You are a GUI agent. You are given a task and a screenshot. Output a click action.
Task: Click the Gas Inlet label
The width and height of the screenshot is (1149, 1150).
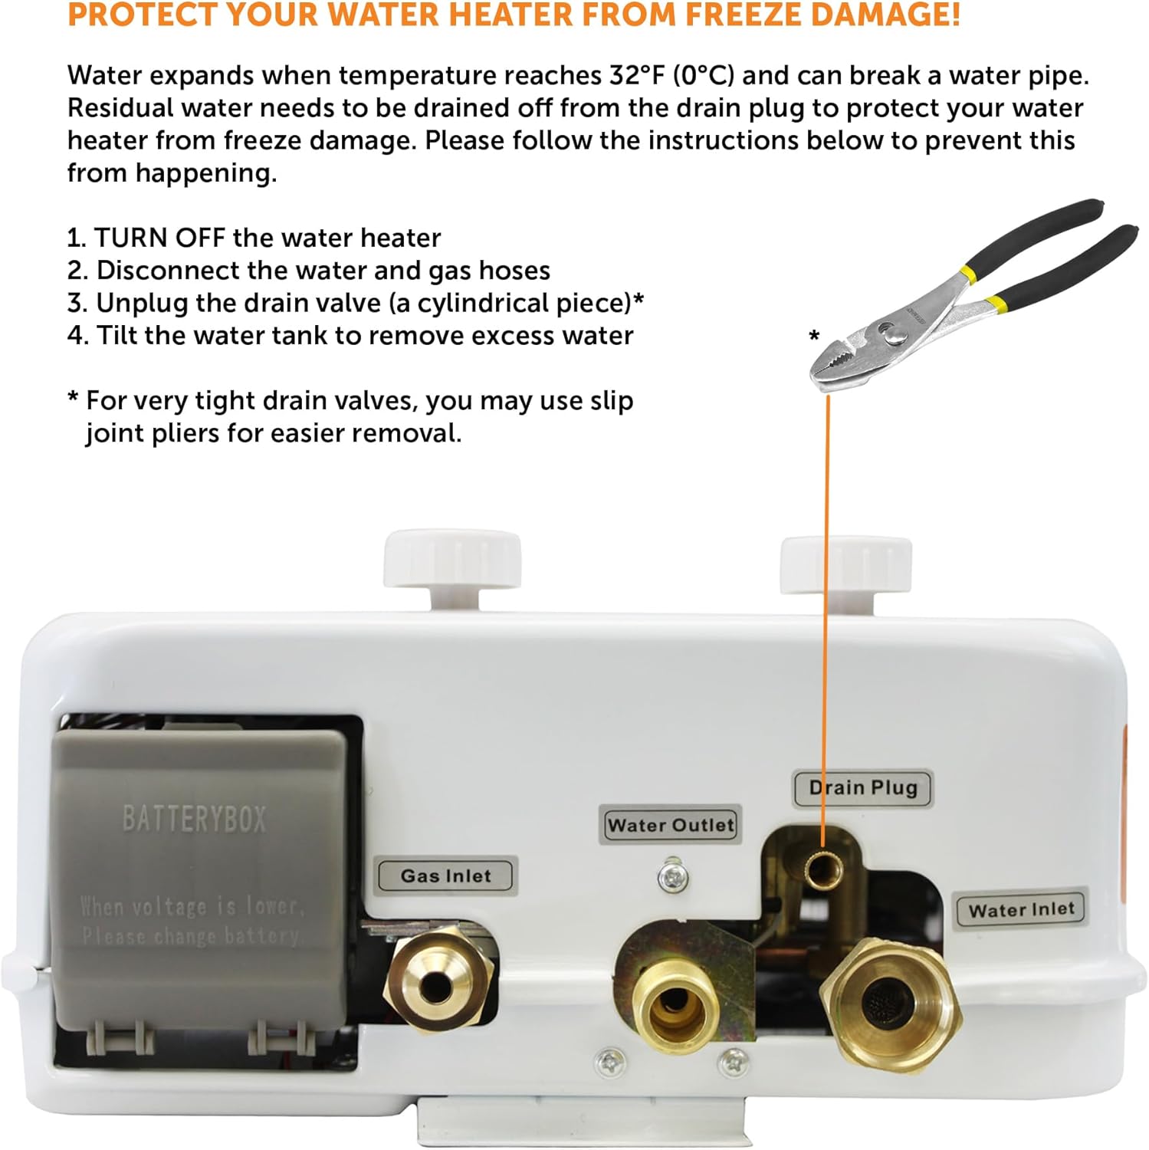click(447, 876)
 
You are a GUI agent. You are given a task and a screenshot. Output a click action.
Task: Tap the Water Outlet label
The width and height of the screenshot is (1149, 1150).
click(671, 826)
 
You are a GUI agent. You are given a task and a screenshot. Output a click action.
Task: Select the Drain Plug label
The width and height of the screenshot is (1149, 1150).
click(862, 788)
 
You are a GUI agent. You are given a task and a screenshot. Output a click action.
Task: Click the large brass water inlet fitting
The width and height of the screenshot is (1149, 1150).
click(889, 1006)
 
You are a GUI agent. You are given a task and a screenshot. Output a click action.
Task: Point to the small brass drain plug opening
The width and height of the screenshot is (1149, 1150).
click(823, 867)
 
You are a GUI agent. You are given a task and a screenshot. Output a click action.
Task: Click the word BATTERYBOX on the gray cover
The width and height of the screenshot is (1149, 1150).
click(194, 819)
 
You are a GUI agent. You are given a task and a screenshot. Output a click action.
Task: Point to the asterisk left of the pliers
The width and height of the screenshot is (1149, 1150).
click(814, 336)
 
